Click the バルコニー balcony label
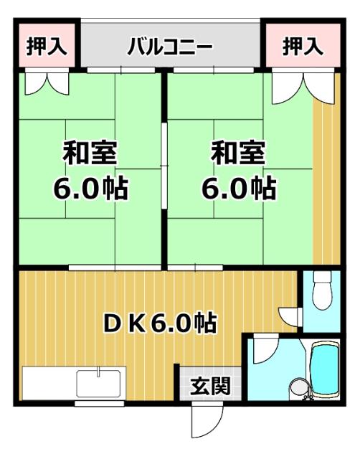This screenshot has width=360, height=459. pyautogui.click(x=171, y=48)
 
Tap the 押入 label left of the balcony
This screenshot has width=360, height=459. pyautogui.click(x=47, y=47)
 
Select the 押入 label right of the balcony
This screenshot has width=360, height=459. pyautogui.click(x=302, y=47)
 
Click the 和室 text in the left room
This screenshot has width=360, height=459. pyautogui.click(x=90, y=153)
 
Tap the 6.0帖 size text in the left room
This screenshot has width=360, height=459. pyautogui.click(x=90, y=188)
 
